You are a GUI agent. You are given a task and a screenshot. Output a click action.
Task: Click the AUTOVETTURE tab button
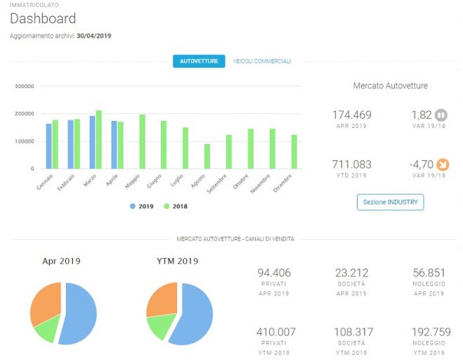tap(199, 61)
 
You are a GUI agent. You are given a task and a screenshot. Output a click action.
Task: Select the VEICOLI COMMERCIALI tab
tap(262, 61)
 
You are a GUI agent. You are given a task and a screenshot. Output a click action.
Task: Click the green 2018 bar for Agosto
tap(207, 156)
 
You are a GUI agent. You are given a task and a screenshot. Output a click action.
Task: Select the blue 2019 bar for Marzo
tap(93, 142)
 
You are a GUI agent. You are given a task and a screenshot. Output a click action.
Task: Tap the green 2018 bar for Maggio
tap(143, 141)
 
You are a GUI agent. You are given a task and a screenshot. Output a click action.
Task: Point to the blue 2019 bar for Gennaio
tap(48, 146)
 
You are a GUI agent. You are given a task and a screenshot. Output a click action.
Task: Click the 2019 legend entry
tap(142, 206)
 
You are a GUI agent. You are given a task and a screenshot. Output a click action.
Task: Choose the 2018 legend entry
tap(176, 206)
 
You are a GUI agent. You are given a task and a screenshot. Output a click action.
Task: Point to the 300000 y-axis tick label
tap(24, 86)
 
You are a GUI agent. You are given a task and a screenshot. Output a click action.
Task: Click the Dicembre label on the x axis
tap(282, 184)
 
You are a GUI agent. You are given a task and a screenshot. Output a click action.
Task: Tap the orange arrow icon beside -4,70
tap(443, 165)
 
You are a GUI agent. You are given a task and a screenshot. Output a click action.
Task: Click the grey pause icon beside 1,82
tap(441, 115)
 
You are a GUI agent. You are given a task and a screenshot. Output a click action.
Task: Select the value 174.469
tap(352, 115)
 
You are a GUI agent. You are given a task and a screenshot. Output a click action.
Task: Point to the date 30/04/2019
tap(94, 36)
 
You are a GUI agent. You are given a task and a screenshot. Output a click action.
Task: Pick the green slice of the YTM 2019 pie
tap(159, 325)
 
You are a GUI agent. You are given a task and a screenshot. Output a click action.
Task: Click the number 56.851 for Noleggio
tap(429, 273)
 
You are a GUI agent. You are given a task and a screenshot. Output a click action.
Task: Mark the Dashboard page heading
tap(43, 18)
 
